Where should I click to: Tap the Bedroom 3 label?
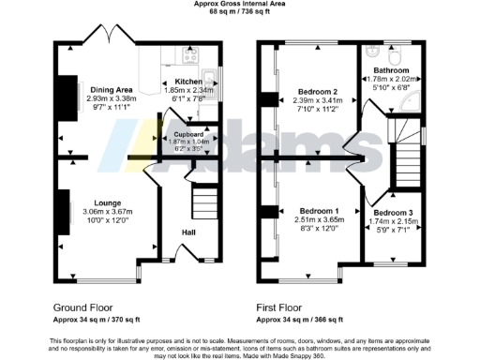pos(393,214)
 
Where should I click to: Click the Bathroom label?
pos(388,70)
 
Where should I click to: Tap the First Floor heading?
pos(280,306)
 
